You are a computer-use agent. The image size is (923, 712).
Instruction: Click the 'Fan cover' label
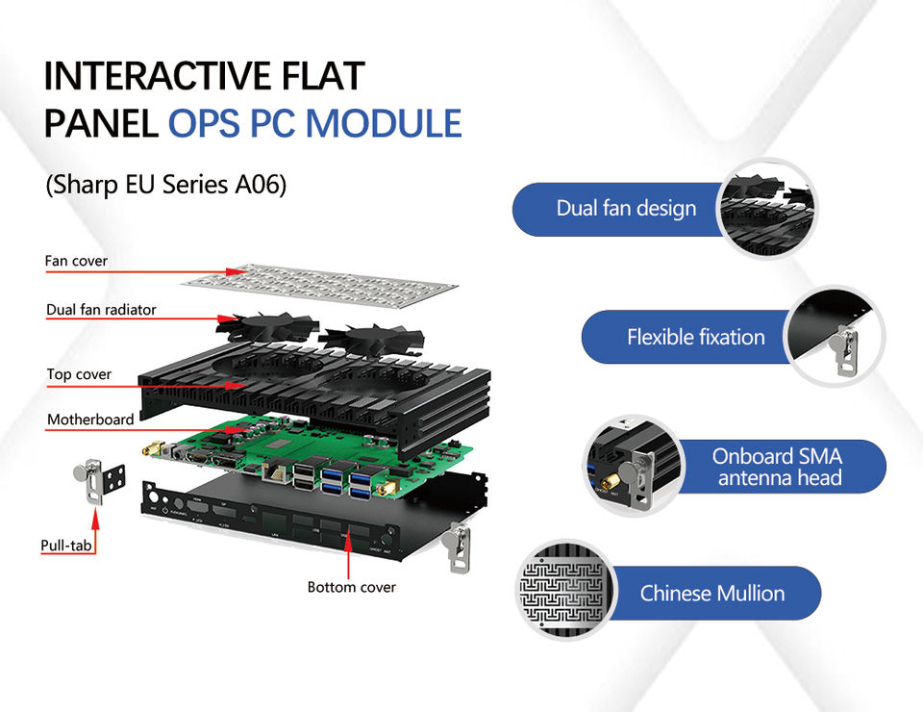coord(76,261)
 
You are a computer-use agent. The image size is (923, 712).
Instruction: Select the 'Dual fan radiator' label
coord(101,310)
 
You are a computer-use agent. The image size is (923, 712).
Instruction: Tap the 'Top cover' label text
coord(79,374)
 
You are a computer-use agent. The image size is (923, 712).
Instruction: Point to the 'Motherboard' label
coord(90,420)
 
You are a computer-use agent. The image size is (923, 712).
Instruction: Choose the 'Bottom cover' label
coord(351,587)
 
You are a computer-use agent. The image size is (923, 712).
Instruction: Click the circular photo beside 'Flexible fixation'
coord(833,337)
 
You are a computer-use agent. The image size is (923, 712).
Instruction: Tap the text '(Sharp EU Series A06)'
coord(166,185)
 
